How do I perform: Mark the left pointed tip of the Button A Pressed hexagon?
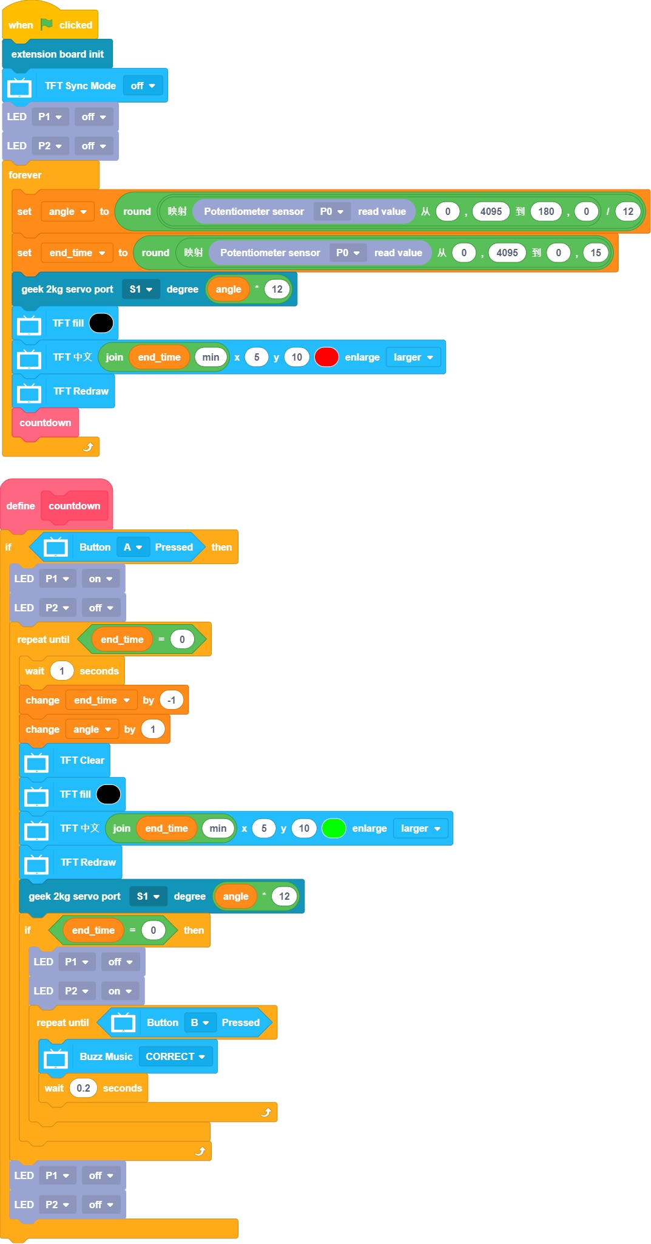(x=29, y=547)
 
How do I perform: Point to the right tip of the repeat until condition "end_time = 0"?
(x=207, y=639)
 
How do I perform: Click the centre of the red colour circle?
(x=326, y=357)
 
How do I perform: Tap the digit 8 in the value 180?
(x=546, y=211)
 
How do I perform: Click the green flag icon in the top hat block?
(x=47, y=24)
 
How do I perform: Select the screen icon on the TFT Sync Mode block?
(x=19, y=86)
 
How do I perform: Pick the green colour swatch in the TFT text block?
(x=334, y=828)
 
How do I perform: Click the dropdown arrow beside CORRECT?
(x=202, y=1057)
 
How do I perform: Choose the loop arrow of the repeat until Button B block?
(x=266, y=1112)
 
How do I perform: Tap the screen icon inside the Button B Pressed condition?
(x=123, y=1023)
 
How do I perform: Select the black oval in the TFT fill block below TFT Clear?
(x=109, y=794)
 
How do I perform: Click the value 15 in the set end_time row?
(x=596, y=253)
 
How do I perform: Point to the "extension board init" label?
(x=58, y=54)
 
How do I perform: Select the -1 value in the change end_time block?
(x=172, y=700)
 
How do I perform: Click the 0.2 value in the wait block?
(x=84, y=1088)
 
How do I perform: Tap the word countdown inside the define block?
(x=75, y=506)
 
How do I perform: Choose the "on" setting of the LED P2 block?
(x=114, y=991)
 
